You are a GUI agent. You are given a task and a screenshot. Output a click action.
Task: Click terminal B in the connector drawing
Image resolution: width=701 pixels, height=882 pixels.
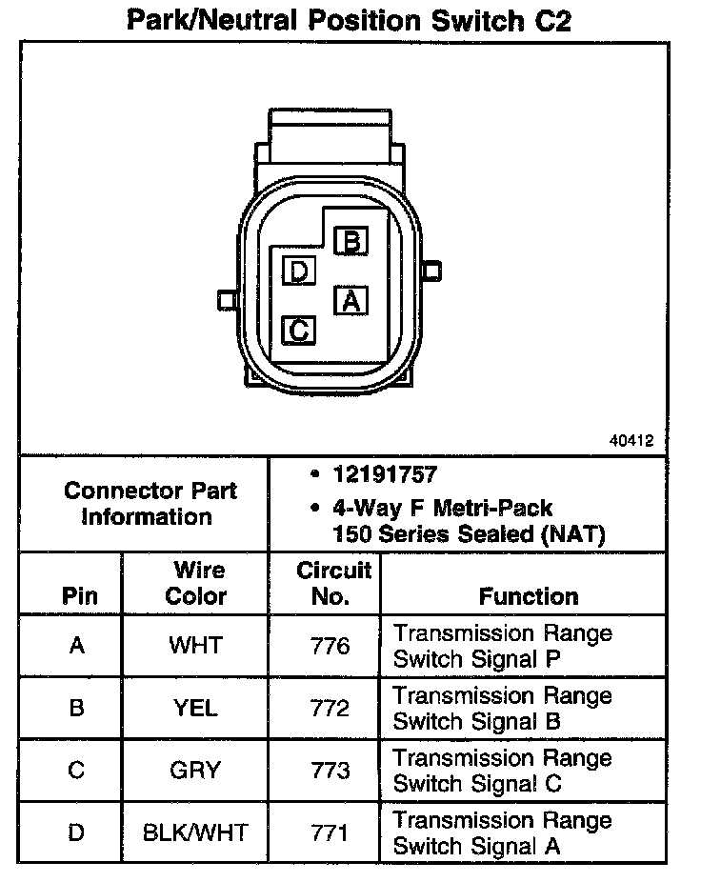click(351, 242)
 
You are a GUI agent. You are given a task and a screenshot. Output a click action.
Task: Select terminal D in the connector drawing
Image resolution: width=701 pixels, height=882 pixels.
click(299, 272)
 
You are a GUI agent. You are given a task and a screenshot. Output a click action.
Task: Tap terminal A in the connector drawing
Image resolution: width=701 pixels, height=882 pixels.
click(350, 301)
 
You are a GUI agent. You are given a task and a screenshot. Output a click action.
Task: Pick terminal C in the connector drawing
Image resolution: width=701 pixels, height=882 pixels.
click(299, 331)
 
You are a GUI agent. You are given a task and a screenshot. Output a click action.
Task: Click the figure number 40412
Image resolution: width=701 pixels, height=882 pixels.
click(631, 441)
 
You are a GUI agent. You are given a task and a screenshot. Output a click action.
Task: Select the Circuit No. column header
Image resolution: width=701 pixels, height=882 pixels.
click(332, 584)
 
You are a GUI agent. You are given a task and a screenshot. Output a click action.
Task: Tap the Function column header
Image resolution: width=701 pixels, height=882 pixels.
click(529, 597)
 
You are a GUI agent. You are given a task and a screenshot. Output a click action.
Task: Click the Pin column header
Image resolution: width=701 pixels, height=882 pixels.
click(79, 597)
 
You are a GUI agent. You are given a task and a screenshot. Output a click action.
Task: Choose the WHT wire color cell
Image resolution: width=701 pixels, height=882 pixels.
click(195, 646)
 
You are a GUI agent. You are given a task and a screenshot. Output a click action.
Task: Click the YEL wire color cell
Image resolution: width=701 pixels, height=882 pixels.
click(195, 708)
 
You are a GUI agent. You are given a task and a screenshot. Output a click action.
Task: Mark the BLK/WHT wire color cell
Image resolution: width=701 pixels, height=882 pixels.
click(195, 832)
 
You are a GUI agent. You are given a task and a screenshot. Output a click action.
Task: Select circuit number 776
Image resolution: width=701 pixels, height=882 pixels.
click(330, 646)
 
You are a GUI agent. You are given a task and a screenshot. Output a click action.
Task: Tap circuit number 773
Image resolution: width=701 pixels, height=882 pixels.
click(330, 771)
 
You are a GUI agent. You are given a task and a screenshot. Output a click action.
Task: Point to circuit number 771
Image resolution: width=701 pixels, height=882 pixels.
click(330, 832)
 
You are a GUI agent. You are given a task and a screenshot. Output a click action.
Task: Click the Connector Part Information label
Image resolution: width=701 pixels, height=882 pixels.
click(150, 504)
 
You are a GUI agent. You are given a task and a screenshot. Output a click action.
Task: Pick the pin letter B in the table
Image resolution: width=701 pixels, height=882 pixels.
click(77, 708)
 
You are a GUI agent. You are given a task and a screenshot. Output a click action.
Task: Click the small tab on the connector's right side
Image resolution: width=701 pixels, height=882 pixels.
click(431, 271)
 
